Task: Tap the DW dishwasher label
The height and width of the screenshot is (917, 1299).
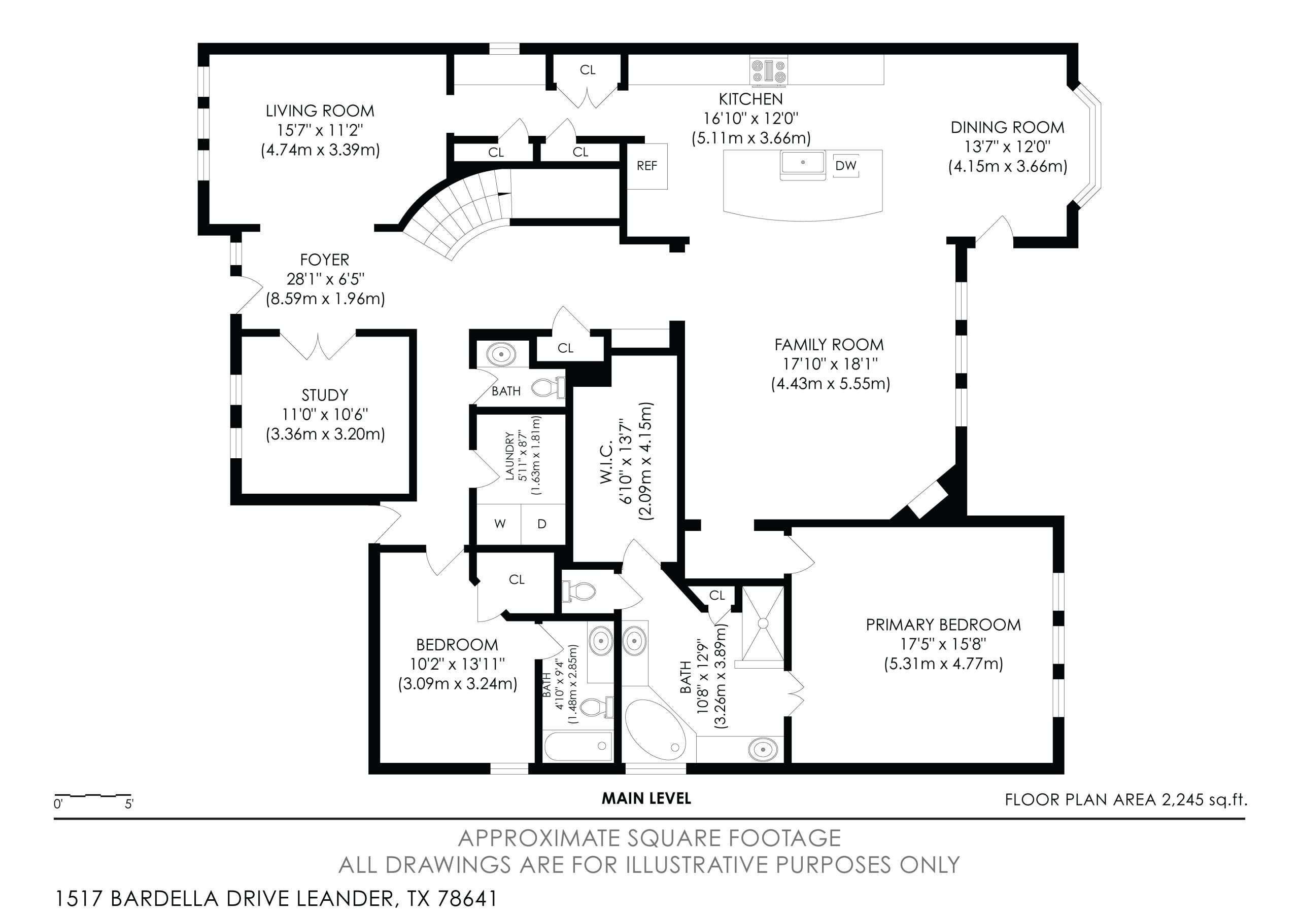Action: (846, 166)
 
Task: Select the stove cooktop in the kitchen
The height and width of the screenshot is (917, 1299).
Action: (769, 71)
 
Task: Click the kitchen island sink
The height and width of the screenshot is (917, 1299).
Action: (803, 163)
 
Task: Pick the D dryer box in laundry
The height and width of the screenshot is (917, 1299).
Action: (542, 524)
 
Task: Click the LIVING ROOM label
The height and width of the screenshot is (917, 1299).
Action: (320, 111)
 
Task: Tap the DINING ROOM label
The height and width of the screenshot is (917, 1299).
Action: (1007, 128)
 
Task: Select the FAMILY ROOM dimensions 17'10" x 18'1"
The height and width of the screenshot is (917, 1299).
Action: (830, 363)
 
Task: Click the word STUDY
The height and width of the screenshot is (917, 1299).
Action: (325, 395)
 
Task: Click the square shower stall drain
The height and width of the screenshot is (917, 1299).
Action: (763, 623)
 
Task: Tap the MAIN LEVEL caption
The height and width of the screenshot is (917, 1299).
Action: (646, 798)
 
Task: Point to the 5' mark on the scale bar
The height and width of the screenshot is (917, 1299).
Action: (129, 803)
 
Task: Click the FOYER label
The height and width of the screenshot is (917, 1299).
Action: (325, 260)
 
